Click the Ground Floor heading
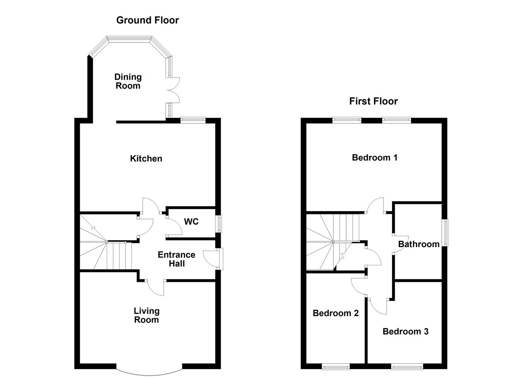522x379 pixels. [147, 20]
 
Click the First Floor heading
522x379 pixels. [373, 101]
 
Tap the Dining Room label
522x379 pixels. [128, 81]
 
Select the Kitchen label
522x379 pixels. [146, 159]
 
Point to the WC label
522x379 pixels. [191, 222]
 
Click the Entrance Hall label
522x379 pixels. [176, 259]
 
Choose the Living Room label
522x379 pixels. [147, 315]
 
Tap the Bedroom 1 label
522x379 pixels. [375, 158]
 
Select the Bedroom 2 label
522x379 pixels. [336, 313]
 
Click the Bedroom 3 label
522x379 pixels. [405, 332]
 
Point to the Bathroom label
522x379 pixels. [419, 244]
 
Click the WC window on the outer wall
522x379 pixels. [219, 224]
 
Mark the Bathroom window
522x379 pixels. [445, 233]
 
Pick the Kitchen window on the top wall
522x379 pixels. [193, 120]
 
